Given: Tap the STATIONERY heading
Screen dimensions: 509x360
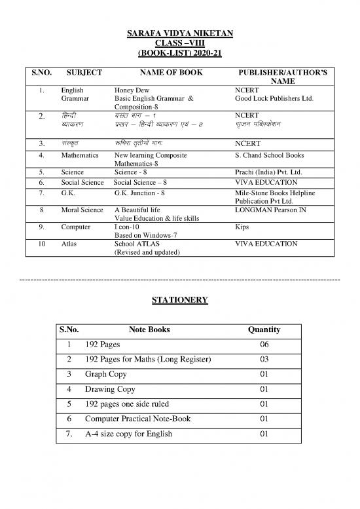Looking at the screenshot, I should (x=180, y=300).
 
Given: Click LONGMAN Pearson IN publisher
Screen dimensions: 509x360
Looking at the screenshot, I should (x=270, y=210).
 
